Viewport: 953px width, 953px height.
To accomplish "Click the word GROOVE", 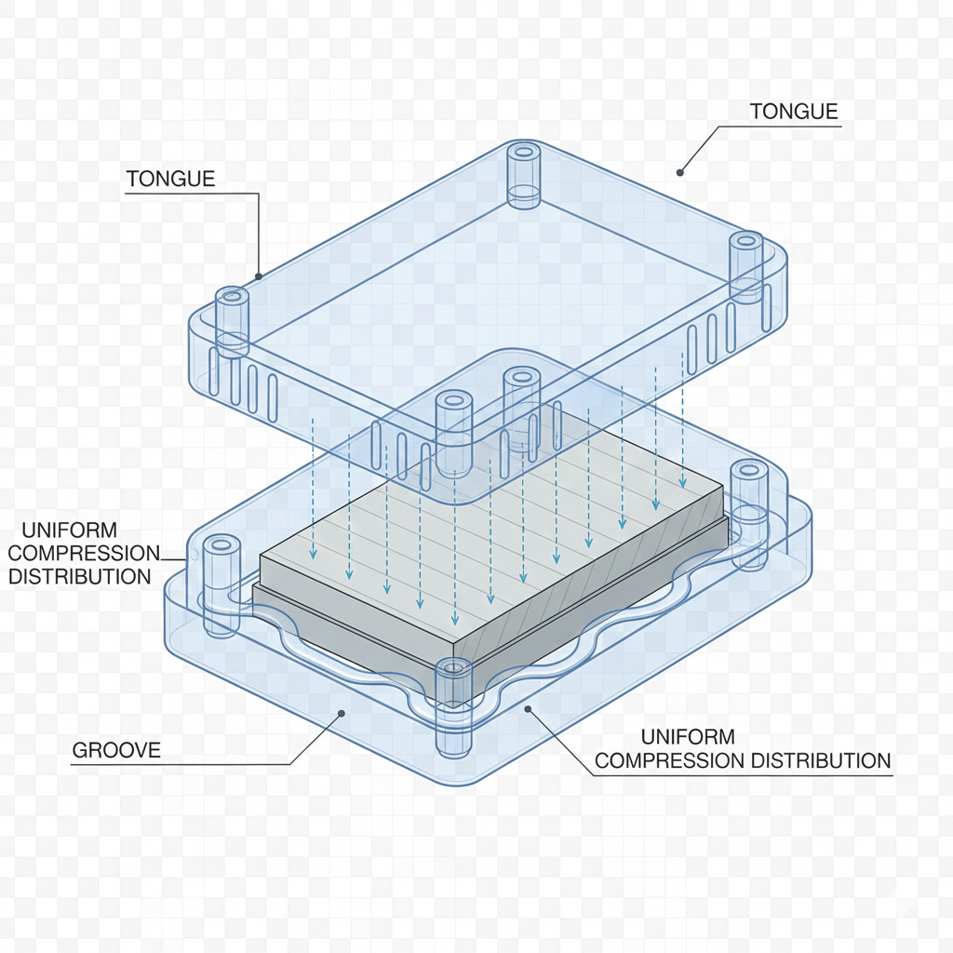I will tap(116, 750).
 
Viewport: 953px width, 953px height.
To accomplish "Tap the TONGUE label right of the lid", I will tap(793, 112).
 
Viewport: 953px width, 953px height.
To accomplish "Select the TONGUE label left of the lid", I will tap(170, 179).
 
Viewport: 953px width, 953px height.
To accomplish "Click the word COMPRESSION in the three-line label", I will tap(84, 554).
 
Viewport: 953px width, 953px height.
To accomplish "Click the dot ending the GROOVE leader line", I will tap(342, 714).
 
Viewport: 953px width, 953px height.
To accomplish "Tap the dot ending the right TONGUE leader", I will tap(680, 171).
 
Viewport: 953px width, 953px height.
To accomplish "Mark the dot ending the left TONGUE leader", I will tap(259, 276).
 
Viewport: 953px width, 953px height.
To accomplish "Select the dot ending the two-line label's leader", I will tap(528, 710).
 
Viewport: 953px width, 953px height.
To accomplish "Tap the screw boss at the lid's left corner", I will tap(233, 321).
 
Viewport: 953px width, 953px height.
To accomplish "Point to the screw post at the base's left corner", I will tap(221, 584).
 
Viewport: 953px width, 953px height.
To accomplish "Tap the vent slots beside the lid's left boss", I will tap(244, 384).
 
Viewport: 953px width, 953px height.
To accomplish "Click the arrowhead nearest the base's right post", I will tap(684, 483).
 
